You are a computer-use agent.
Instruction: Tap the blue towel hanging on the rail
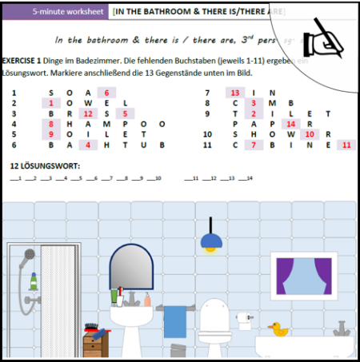[x=174, y=321]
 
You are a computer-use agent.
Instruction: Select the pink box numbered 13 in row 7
[x=235, y=93]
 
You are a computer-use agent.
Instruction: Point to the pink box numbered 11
[x=346, y=145]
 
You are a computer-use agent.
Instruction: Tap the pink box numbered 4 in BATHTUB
[x=87, y=145]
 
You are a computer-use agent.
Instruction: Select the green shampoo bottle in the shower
[x=34, y=281]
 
